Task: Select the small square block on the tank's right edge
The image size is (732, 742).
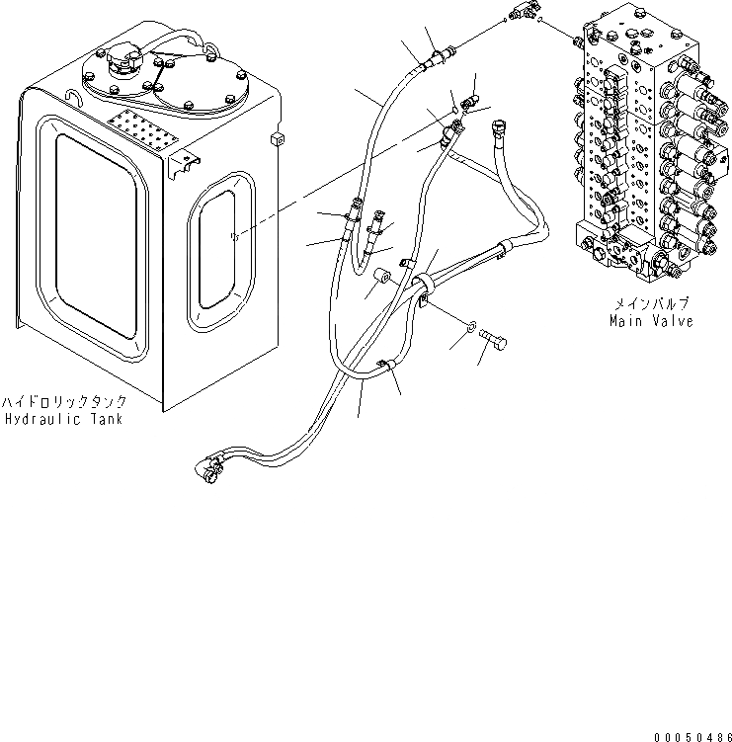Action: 277,138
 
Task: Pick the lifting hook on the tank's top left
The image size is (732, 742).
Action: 73,97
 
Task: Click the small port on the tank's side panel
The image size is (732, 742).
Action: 233,235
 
